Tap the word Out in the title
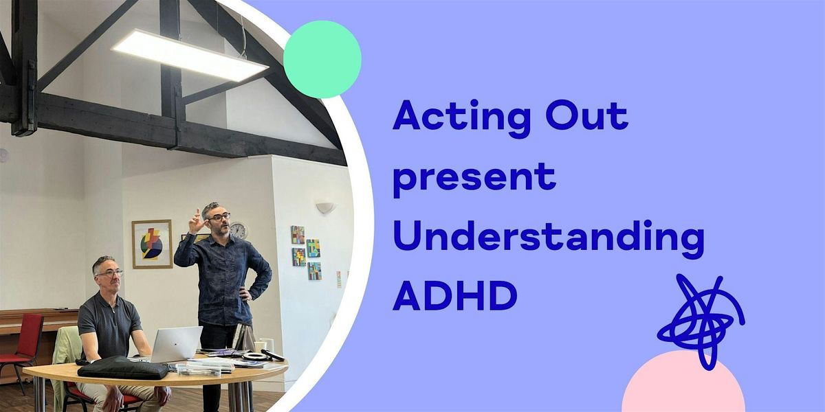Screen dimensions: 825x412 (x=586, y=115)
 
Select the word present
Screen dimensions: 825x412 (x=474, y=179)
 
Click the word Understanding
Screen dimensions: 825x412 (x=549, y=239)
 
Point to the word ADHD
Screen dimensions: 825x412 (x=455, y=296)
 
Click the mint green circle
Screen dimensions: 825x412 (x=322, y=59)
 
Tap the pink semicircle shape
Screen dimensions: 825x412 (x=683, y=382)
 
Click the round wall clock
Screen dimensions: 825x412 (x=239, y=231)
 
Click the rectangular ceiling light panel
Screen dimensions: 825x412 (x=190, y=55)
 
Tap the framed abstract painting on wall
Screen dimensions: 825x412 (x=152, y=244)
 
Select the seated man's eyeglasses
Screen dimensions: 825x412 (x=110, y=273)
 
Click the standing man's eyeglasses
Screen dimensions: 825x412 (x=219, y=217)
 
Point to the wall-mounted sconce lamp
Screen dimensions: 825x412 (x=326, y=207)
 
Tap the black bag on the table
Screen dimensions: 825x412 (x=123, y=367)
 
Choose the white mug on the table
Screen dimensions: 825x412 (x=260, y=346)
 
